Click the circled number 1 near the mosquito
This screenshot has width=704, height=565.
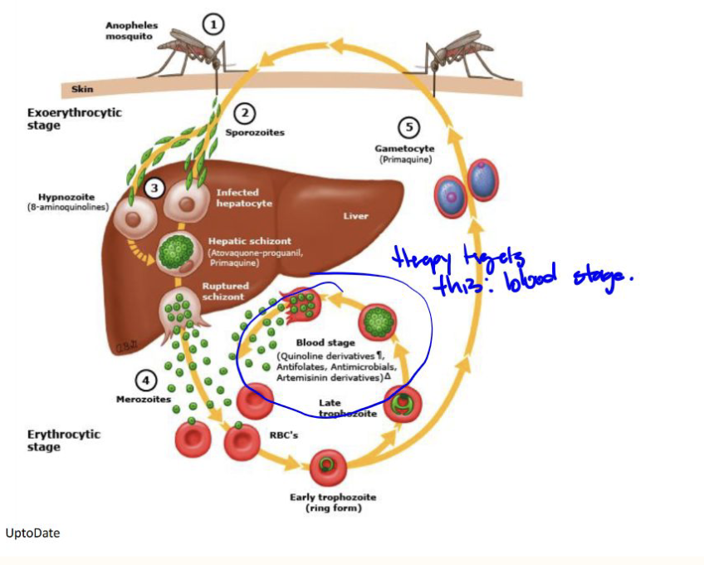(x=214, y=25)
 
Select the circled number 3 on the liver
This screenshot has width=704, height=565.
(x=154, y=188)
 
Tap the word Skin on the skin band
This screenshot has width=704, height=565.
(x=82, y=89)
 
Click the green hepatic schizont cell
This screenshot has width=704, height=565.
(x=175, y=250)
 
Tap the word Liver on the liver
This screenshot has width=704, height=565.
(x=355, y=216)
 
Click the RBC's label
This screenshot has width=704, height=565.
(x=287, y=434)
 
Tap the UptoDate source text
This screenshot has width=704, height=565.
(x=32, y=533)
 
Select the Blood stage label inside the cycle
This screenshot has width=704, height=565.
(x=325, y=342)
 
